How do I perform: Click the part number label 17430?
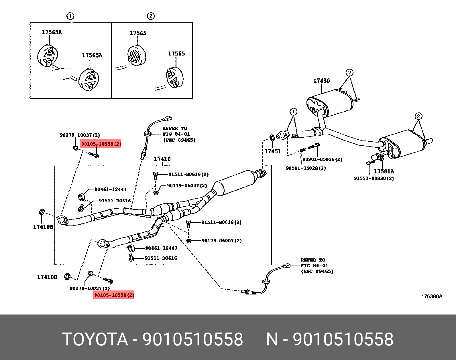click(321, 81)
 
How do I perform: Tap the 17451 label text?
click(272, 151)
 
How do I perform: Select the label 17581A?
click(384, 171)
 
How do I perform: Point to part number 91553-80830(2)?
click(374, 178)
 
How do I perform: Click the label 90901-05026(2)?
click(322, 159)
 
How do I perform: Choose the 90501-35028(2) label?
click(306, 168)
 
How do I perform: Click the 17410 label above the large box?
click(162, 159)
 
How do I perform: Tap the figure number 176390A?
click(431, 296)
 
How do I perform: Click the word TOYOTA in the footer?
click(95, 339)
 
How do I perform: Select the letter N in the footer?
click(272, 339)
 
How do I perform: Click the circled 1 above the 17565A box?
click(70, 16)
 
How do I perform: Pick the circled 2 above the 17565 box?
click(151, 16)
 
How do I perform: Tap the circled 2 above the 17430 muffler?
click(349, 73)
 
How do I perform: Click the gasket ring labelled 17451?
click(272, 138)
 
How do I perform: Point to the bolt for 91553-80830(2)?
click(369, 163)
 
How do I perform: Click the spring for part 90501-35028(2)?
click(303, 150)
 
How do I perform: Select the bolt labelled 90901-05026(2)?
click(315, 146)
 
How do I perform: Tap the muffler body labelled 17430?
click(332, 103)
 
